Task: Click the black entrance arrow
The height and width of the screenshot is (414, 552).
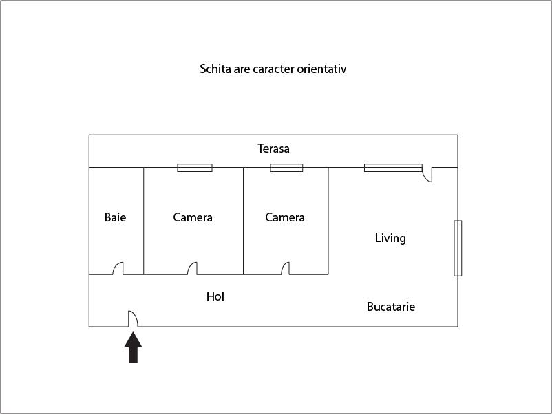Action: [x=133, y=347]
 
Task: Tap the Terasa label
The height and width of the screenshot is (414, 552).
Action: [x=273, y=149]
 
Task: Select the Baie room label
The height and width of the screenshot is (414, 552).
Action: [x=115, y=217]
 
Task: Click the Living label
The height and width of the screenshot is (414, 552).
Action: [x=390, y=238]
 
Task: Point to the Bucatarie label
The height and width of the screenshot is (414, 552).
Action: [x=391, y=307]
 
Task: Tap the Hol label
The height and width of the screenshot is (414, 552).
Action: [x=215, y=296]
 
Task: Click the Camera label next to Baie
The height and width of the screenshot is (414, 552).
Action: [x=193, y=217]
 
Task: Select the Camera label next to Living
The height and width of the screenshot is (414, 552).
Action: [x=285, y=217]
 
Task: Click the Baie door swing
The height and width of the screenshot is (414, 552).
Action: [x=118, y=268]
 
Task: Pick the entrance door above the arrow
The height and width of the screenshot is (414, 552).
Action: [x=133, y=318]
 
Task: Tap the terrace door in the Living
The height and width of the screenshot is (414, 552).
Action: [x=427, y=175]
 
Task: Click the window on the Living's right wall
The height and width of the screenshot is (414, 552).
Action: [x=458, y=248]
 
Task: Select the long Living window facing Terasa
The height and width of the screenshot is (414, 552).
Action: [x=393, y=168]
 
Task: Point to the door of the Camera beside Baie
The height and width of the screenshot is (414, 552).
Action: [x=192, y=268]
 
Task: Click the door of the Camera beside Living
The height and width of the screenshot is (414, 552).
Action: [x=285, y=268]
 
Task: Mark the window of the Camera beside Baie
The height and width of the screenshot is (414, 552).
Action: [x=195, y=168]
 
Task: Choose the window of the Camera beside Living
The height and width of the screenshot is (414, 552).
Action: [x=286, y=168]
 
